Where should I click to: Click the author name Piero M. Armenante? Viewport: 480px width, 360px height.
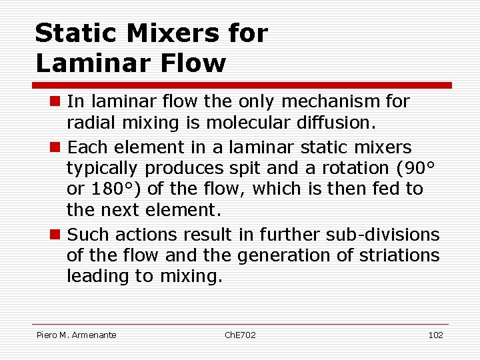76,335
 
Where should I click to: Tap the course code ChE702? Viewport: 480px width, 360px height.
239,335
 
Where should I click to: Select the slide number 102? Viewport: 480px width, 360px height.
435,335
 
